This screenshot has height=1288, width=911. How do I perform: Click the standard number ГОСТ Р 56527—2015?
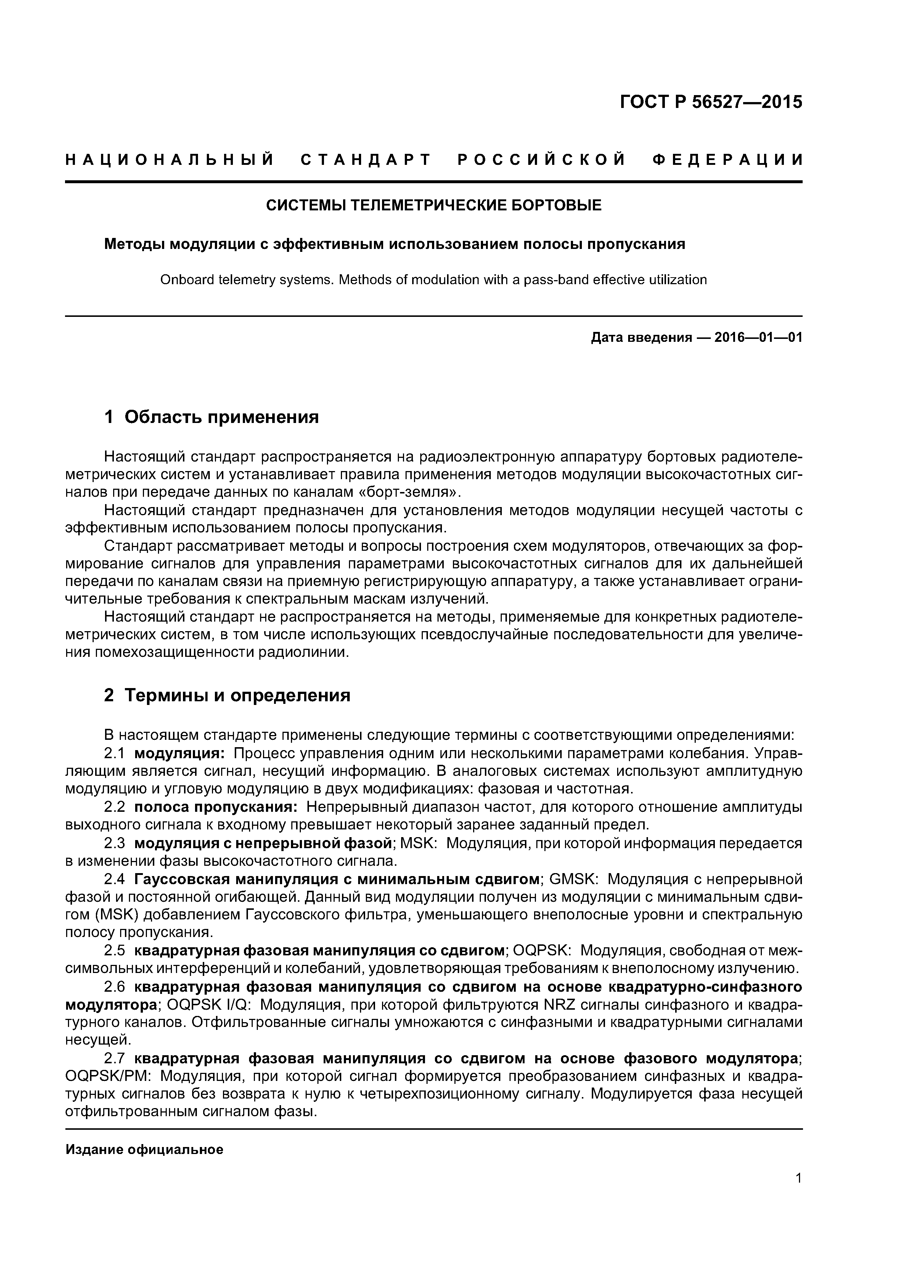click(x=711, y=102)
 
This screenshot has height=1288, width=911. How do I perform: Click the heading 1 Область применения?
click(x=212, y=417)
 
